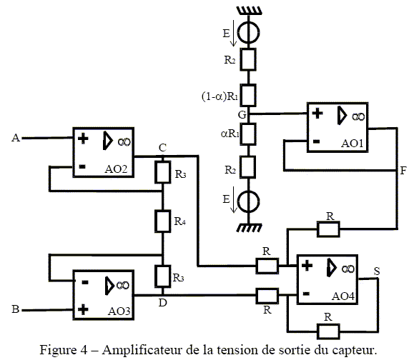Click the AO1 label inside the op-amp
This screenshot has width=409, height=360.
click(352, 144)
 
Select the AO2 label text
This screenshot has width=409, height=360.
click(116, 169)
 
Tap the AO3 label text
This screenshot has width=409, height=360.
click(119, 311)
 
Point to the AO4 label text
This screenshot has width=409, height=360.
click(343, 296)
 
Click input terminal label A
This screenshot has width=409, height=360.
click(16, 138)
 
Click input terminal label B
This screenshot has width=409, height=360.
click(16, 309)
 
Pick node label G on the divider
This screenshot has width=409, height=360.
click(242, 114)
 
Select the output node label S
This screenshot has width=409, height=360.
click(377, 271)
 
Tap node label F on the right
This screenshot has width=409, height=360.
click(403, 171)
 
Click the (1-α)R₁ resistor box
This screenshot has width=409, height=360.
click(248, 95)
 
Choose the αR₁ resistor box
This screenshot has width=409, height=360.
click(248, 134)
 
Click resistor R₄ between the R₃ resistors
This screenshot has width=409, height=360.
click(163, 221)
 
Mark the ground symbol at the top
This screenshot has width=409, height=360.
click(249, 11)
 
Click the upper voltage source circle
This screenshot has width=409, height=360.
click(249, 33)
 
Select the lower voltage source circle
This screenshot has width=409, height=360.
click(249, 202)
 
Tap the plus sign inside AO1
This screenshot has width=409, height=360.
click(317, 114)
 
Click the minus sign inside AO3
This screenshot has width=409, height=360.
click(85, 282)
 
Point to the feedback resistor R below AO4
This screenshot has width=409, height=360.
click(328, 331)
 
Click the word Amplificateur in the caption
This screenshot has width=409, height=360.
click(142, 350)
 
